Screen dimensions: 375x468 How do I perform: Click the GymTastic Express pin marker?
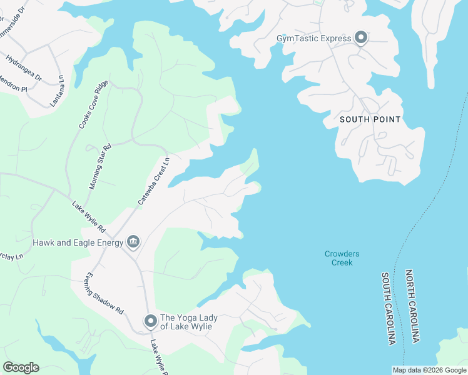point(361,38)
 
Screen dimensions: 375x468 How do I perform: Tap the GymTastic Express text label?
point(314,39)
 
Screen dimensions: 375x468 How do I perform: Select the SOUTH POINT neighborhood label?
point(370,119)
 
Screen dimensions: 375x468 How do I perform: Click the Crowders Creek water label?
point(342,258)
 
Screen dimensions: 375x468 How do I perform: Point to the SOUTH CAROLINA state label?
point(389,307)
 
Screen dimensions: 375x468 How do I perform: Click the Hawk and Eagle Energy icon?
point(133,241)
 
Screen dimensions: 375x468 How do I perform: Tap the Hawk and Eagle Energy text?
point(78,242)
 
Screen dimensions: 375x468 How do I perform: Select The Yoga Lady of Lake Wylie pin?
point(150,321)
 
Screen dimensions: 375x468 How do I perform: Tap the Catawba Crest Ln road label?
point(154,181)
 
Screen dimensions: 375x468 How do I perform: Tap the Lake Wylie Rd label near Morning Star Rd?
point(87,214)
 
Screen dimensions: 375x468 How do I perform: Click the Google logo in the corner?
point(21,367)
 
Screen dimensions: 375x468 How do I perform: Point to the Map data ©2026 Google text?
point(429,370)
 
